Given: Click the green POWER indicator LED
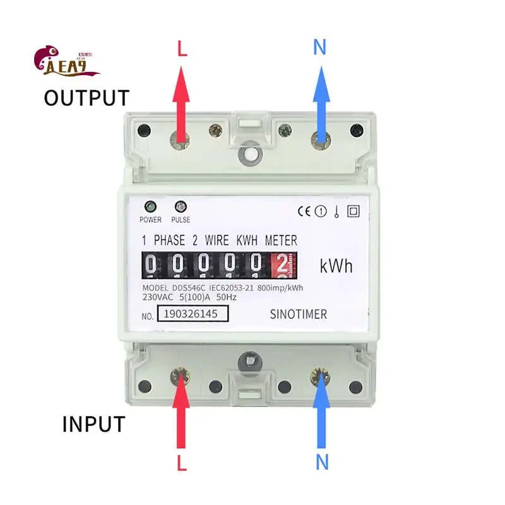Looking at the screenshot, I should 151,206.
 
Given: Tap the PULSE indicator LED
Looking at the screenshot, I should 180,206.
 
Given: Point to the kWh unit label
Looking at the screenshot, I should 336,266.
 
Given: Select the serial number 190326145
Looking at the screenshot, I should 192,314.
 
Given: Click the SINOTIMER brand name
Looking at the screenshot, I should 298,314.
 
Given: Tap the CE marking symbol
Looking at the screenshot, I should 304,211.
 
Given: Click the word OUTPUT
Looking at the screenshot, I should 86,98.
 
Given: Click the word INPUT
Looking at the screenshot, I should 93,424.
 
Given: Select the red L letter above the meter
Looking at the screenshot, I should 182,49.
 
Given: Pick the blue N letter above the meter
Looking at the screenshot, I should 320,48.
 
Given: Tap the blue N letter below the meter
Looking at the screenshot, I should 322,462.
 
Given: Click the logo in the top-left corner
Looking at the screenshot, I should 66,64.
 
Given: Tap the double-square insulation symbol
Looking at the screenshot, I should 353,211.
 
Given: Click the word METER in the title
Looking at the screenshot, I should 281,241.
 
